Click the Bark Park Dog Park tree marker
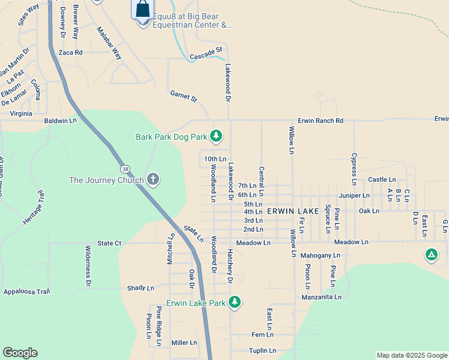click(x=217, y=137)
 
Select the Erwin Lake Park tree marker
click(x=235, y=302)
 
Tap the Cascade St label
click(x=206, y=56)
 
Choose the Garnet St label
click(x=183, y=95)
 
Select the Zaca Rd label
click(x=70, y=53)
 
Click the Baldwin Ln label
click(x=61, y=121)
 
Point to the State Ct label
click(x=109, y=243)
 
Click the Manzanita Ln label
click(x=322, y=296)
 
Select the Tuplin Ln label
click(x=262, y=350)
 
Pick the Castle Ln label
click(x=382, y=179)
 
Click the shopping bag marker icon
click(x=142, y=10)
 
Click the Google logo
click(x=20, y=353)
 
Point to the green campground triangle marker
click(x=431, y=255)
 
